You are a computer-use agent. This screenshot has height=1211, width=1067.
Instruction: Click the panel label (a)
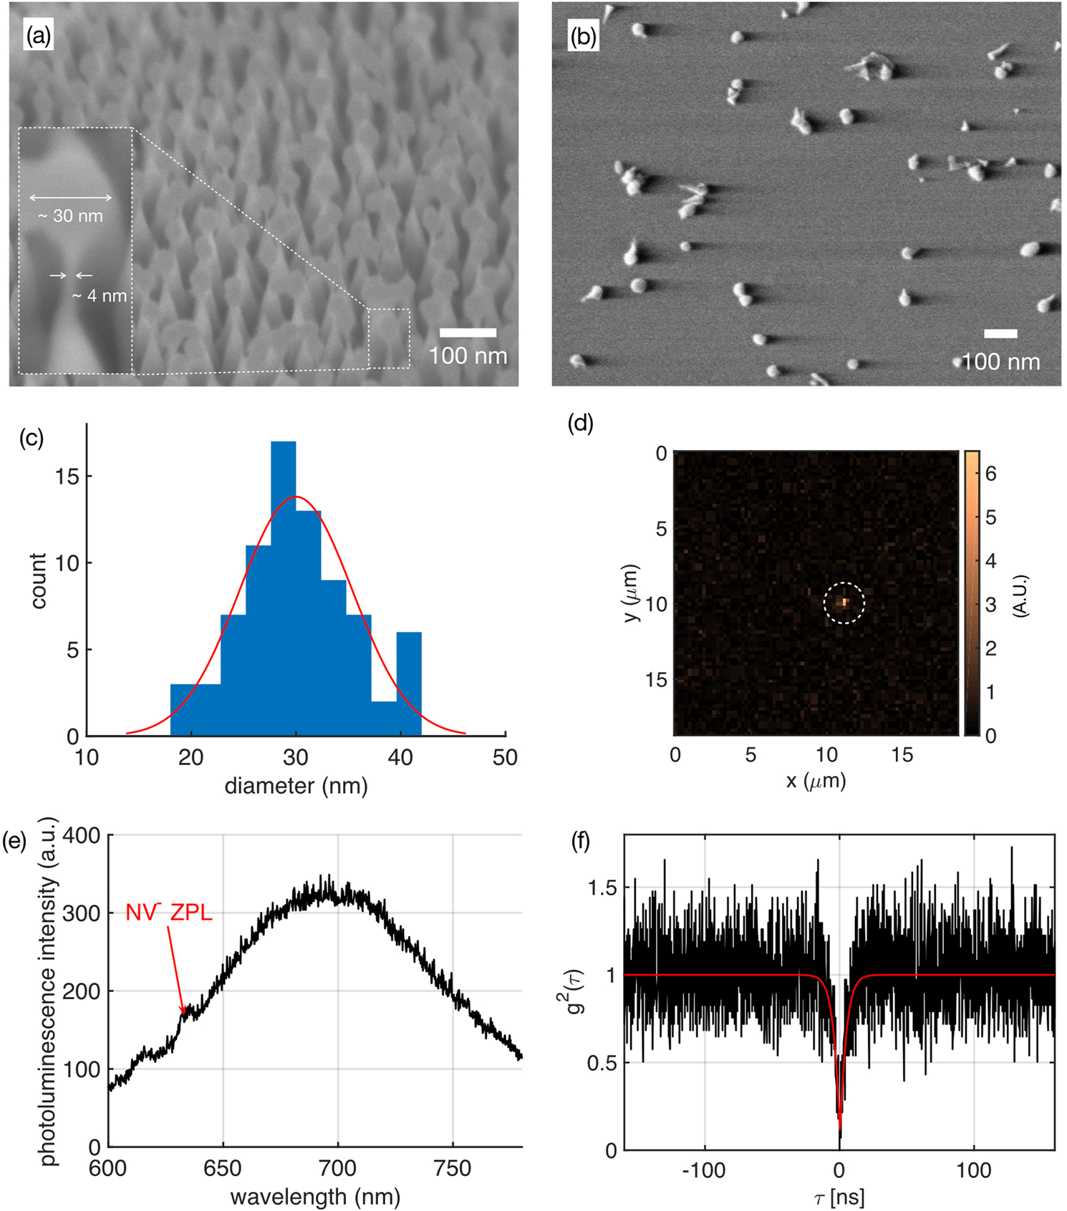pos(39,35)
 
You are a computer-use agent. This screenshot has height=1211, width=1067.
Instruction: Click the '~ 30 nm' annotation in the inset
pos(70,215)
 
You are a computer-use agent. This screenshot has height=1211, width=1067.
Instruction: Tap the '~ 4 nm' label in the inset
pos(100,296)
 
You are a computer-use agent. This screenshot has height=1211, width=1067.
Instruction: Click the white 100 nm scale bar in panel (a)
pos(468,333)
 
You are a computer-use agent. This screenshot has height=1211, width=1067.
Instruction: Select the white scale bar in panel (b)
pos(1000,334)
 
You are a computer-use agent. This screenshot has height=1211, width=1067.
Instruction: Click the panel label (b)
pos(582,37)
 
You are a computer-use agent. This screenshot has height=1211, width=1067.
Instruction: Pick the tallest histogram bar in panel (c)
pos(284,587)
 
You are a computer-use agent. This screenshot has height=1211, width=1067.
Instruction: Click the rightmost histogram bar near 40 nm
pos(409,684)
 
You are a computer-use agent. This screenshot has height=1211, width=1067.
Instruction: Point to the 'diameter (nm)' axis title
pos(296,786)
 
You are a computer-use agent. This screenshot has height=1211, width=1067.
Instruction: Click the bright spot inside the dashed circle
pos(845,602)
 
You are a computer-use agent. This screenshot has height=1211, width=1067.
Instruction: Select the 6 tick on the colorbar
pos(990,474)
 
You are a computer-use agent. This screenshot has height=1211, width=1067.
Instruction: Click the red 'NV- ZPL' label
pos(169,913)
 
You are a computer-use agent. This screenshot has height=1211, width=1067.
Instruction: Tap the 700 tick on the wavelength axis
pos(337,1169)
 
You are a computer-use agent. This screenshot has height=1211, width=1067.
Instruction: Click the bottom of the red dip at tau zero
pos(840,1129)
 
